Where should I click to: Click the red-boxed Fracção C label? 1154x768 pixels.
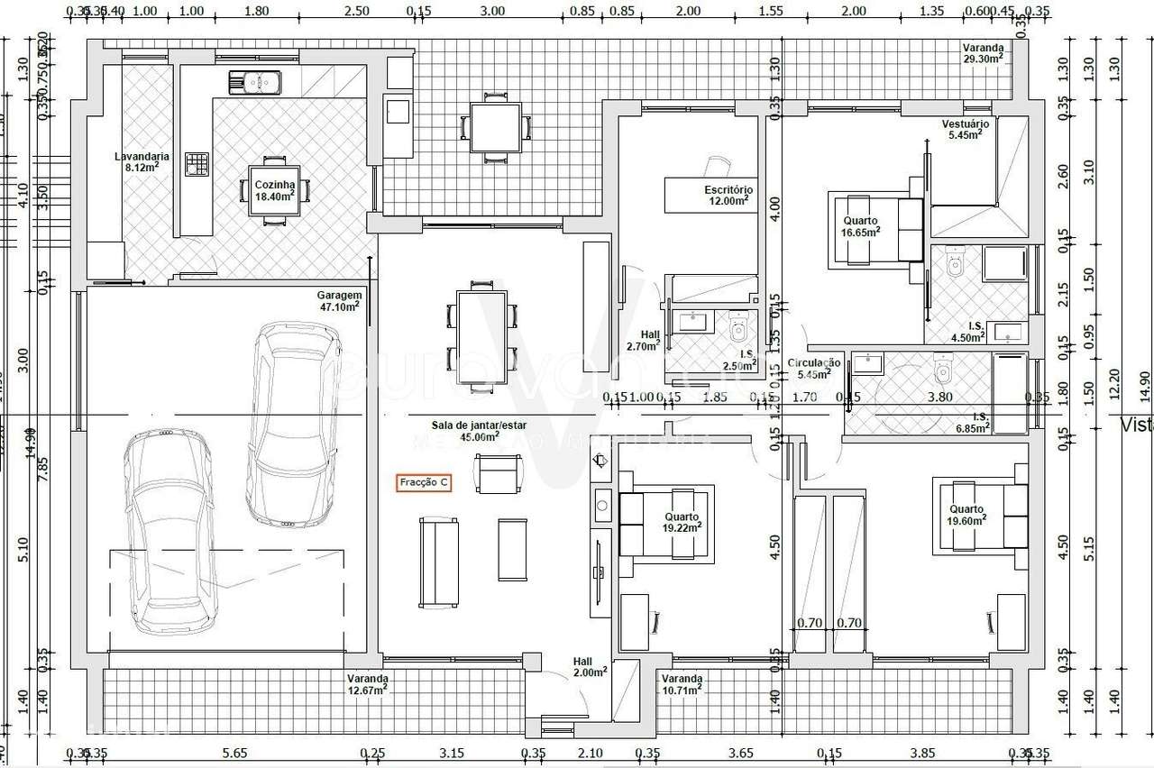click(424, 483)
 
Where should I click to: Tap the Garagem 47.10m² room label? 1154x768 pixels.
click(339, 300)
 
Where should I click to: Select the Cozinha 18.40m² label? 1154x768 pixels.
click(275, 190)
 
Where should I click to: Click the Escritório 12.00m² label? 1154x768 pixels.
click(728, 196)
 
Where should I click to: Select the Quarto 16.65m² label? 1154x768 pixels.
click(861, 225)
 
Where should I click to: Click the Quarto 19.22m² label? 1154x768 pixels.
click(682, 522)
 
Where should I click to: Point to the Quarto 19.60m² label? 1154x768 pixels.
click(966, 514)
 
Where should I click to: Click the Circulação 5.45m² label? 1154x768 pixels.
click(814, 367)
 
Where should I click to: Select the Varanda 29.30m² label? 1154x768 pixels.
click(982, 52)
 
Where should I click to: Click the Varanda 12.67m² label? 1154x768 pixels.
click(367, 684)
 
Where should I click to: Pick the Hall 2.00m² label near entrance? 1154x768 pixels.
click(589, 666)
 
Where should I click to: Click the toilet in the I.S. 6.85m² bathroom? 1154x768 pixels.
click(944, 368)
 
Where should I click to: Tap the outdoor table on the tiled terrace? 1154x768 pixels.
click(495, 127)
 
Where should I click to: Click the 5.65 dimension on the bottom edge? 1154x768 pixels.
click(234, 753)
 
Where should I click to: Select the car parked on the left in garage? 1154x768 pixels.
click(171, 532)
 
